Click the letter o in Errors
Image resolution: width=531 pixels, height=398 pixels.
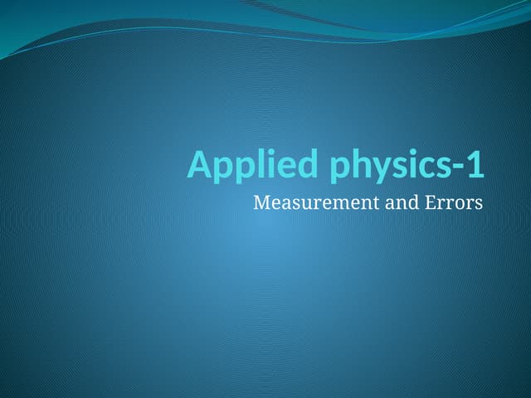[460, 204]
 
